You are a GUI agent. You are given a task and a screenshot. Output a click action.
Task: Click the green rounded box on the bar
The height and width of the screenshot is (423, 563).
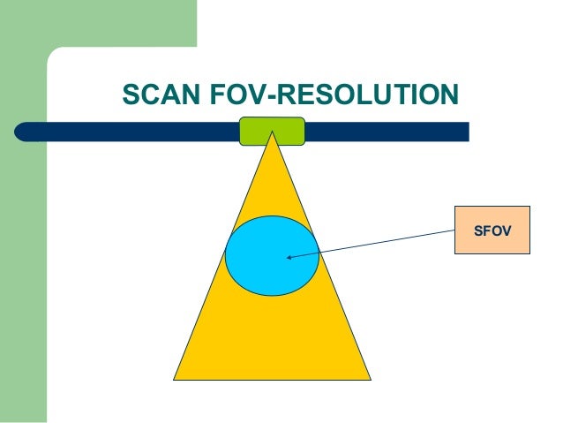(272, 131)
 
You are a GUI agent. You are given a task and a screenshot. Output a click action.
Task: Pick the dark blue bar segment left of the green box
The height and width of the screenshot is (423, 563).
(132, 132)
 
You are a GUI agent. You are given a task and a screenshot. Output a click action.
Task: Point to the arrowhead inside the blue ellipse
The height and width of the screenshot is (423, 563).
(289, 258)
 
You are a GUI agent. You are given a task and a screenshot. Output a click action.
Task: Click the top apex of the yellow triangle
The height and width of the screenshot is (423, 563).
(273, 135)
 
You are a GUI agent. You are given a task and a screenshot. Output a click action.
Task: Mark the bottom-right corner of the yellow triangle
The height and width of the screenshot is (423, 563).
(369, 378)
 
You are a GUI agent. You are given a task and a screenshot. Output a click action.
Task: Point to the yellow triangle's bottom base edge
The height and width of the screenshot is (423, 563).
(272, 378)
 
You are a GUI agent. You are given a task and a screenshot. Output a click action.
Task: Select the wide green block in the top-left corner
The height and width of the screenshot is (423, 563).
(97, 22)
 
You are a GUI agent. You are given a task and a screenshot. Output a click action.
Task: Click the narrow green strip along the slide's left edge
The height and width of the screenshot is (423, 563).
(22, 265)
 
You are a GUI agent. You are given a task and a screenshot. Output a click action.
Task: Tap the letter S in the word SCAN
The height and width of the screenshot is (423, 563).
(129, 94)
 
